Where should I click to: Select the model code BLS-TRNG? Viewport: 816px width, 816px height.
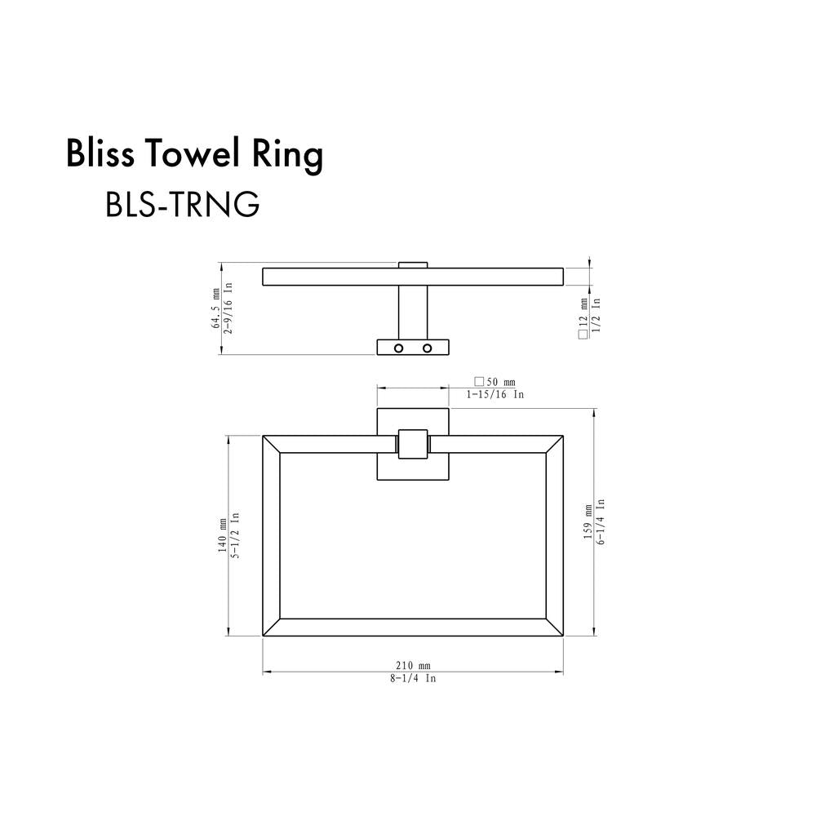pos(183,205)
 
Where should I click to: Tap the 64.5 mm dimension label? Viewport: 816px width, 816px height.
pos(215,308)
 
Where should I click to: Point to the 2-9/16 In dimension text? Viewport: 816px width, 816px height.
pos(229,308)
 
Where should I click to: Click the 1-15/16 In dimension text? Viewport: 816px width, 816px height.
pos(494,394)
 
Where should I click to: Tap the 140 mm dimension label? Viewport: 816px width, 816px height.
pos(222,535)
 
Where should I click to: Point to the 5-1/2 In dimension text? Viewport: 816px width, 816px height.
pos(235,535)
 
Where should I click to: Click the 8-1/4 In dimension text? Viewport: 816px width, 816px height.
pos(413,679)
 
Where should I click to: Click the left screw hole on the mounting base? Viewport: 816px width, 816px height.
pos(399,348)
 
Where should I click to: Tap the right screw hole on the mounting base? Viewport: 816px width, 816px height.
pos(426,348)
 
